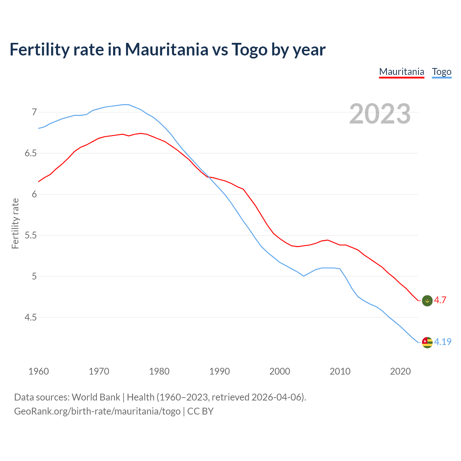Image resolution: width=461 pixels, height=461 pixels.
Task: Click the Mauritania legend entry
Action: (402, 72)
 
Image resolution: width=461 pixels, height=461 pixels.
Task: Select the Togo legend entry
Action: (442, 72)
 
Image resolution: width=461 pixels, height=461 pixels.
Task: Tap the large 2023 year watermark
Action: (380, 114)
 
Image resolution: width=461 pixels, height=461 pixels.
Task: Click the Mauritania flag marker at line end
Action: (427, 300)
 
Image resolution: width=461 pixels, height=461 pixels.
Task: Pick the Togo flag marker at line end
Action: (427, 342)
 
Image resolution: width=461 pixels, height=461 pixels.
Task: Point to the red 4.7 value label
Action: (440, 300)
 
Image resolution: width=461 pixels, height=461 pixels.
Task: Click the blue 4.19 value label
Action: (443, 342)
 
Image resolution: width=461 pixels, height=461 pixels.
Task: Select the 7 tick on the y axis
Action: (34, 112)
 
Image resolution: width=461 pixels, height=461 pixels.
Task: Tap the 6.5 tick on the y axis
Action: (31, 153)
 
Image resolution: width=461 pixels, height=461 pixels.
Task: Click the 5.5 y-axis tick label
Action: (31, 236)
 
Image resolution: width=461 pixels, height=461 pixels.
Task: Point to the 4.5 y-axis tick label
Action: (31, 318)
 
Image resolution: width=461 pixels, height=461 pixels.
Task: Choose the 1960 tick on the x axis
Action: (39, 371)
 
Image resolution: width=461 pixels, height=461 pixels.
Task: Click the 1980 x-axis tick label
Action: (159, 371)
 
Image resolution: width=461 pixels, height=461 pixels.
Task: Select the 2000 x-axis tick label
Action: (280, 371)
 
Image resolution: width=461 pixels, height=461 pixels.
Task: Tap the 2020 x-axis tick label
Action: (400, 371)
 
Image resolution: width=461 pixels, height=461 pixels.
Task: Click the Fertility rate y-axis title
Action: (15, 223)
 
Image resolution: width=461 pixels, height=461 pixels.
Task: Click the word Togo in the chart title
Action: (250, 49)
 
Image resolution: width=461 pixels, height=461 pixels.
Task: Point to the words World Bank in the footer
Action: (96, 397)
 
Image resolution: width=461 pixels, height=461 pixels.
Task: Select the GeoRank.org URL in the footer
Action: (97, 411)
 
